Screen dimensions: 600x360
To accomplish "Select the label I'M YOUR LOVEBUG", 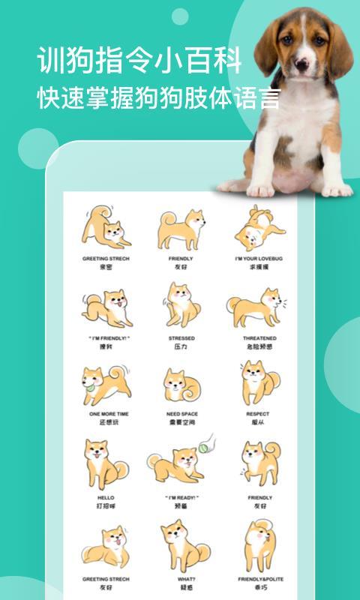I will pos(259,258).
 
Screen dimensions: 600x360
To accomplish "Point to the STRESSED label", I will pos(181,338).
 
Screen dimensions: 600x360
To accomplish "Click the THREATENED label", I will pos(259,338).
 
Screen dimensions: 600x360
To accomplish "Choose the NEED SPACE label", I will pos(181,413).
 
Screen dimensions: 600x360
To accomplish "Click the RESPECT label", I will pos(259,413).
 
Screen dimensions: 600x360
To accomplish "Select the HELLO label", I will pos(105,497).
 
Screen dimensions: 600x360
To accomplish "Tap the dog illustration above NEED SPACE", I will pos(181,385).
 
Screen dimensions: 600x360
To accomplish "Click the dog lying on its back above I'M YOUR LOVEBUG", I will pos(257,228).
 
